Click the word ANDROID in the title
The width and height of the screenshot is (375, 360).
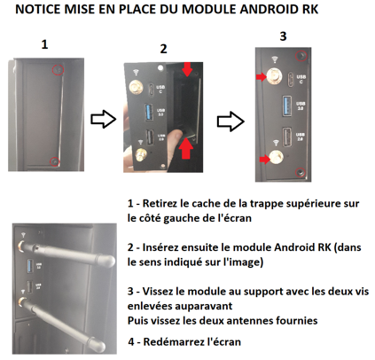[270, 9]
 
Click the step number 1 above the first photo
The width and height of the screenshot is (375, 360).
[44, 44]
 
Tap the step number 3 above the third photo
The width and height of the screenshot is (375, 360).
[283, 36]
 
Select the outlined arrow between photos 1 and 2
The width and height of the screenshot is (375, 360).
[103, 120]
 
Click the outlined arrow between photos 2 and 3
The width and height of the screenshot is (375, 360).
[230, 121]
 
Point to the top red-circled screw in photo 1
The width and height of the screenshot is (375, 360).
[58, 70]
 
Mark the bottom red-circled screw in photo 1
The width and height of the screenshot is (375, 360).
[55, 161]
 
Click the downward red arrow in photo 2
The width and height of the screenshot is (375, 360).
[187, 69]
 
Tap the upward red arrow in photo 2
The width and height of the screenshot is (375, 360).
[186, 148]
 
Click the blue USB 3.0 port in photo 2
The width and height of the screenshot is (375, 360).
[149, 112]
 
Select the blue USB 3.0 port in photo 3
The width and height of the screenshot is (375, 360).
[286, 106]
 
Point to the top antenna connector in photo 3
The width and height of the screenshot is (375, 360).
[275, 76]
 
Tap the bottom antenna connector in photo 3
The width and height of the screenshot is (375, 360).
[277, 157]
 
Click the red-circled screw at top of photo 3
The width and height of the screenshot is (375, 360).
[301, 56]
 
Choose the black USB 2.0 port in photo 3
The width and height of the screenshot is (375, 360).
[286, 137]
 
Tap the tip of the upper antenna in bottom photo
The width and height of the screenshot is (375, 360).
[112, 262]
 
